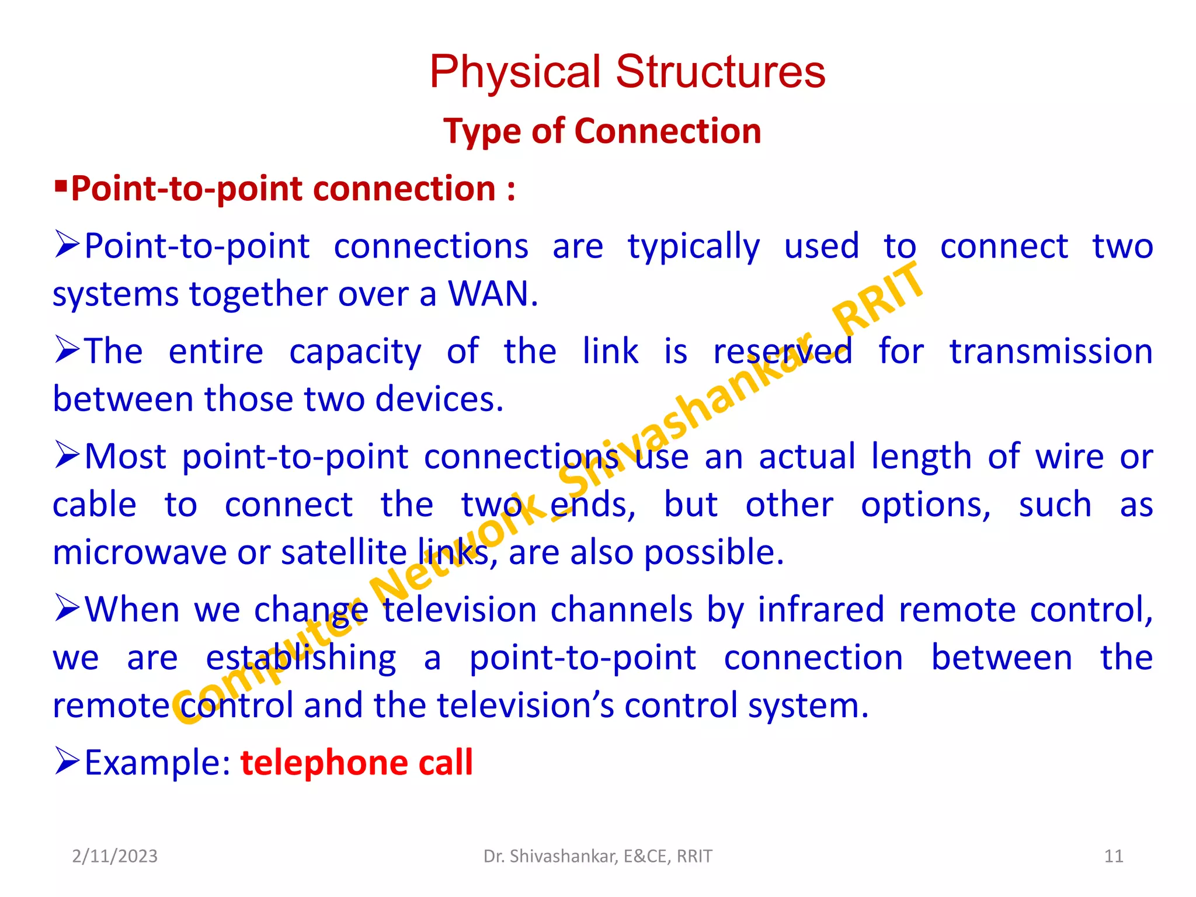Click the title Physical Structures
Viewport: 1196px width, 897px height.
627,72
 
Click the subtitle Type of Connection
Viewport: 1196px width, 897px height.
602,131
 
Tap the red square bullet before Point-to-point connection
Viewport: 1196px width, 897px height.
61,187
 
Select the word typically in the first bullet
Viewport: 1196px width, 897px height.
693,246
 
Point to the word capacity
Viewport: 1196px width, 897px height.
354,352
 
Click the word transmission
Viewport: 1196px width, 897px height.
1051,352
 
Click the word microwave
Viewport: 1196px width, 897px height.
139,552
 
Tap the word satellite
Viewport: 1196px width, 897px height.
343,552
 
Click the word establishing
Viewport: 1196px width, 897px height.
301,658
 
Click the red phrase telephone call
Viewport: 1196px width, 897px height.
356,763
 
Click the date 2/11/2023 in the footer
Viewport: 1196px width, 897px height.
114,856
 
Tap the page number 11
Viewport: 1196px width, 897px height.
1114,856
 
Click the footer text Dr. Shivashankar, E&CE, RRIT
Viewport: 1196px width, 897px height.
597,856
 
